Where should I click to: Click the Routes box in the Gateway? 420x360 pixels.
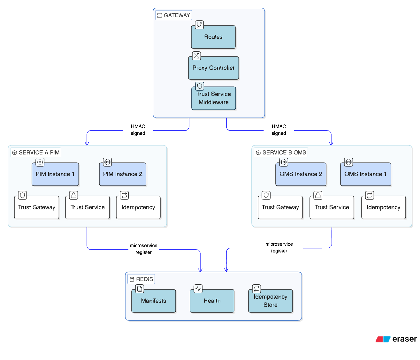point(213,37)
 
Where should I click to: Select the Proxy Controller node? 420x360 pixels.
point(213,68)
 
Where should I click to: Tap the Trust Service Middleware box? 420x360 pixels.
point(213,98)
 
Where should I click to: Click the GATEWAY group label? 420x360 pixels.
point(173,15)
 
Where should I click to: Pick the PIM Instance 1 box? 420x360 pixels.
point(55,174)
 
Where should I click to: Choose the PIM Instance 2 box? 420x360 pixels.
point(123,174)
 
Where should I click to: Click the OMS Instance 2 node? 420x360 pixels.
point(301,174)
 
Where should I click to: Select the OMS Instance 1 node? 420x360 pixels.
point(365,174)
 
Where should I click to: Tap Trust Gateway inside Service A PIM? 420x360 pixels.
point(37,207)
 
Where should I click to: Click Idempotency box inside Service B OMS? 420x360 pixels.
point(383,207)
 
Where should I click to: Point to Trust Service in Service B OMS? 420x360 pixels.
point(332,207)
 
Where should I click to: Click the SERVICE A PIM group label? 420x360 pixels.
point(36,153)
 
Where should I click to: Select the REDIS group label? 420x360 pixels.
point(141,279)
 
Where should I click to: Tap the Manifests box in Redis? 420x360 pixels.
point(154,301)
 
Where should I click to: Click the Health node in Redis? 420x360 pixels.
point(212,301)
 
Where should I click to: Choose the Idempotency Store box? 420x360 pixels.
point(270,301)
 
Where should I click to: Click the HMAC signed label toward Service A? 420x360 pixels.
point(138,130)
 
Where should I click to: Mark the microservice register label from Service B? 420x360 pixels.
point(279,247)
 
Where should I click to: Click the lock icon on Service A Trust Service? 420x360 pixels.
point(73,195)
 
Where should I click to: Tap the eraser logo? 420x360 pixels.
point(396,339)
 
